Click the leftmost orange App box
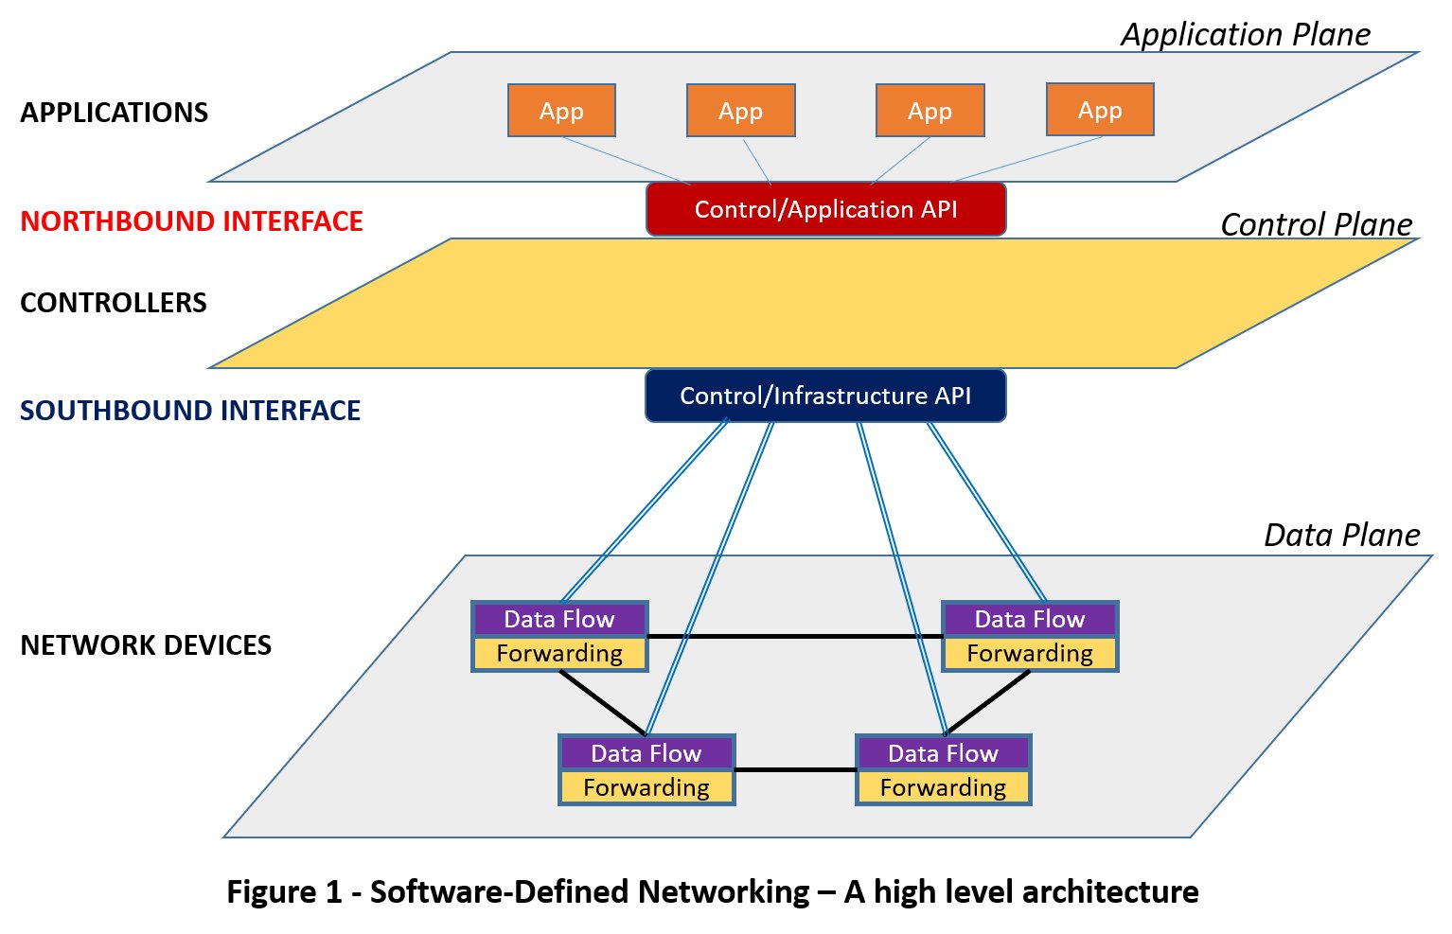click(x=561, y=111)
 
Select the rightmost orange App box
click(x=1100, y=110)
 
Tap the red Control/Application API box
click(x=825, y=209)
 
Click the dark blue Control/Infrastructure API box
click(x=825, y=396)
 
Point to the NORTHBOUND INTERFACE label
click(x=191, y=221)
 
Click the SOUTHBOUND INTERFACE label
click(x=190, y=411)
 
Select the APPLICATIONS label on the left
click(x=114, y=113)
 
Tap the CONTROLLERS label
click(x=113, y=303)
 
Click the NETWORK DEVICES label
click(x=146, y=645)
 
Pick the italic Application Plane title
click(x=1245, y=35)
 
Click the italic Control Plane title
click(x=1316, y=225)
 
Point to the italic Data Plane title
click(x=1341, y=536)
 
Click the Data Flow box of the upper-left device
click(x=559, y=620)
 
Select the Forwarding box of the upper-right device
click(x=1030, y=654)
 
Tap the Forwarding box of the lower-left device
click(x=646, y=788)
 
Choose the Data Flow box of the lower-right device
click(x=943, y=754)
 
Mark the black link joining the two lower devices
click(x=795, y=770)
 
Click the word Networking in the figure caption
click(x=724, y=892)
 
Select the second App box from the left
click(x=740, y=111)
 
